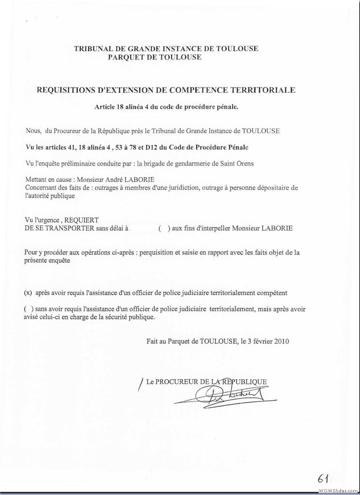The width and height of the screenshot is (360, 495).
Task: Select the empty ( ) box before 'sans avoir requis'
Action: coord(27,310)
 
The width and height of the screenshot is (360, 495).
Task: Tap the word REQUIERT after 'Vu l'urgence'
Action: coord(82,220)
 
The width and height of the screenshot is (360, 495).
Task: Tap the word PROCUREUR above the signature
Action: coord(175,382)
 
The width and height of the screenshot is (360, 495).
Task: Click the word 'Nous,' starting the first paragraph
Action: coord(33,131)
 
